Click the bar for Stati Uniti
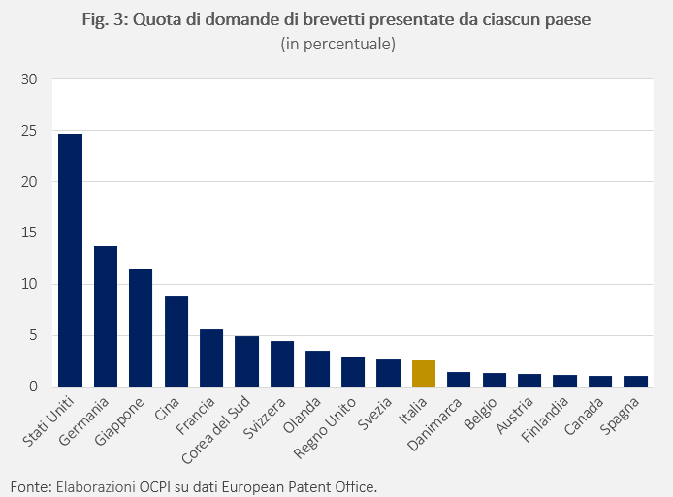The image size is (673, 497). tap(70, 260)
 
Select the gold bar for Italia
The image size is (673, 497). tap(424, 374)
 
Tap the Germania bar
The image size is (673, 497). tap(106, 317)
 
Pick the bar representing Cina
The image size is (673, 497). tap(176, 341)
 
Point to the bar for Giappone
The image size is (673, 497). tap(141, 328)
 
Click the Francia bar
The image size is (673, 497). tap(211, 358)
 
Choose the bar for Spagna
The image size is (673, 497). tap(635, 381)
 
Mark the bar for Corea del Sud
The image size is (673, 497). tap(246, 361)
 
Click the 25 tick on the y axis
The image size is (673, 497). tap(29, 131)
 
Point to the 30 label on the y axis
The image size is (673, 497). tap(29, 79)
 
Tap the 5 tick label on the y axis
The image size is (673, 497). tap(34, 335)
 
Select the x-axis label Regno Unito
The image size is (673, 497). tap(325, 428)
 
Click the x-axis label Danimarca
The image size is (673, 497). tap(434, 424)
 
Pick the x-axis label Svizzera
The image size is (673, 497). tap(264, 419)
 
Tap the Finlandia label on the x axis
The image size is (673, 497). tap(545, 419)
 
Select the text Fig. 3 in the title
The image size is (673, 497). tap(106, 20)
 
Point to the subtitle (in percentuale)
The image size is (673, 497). tap(337, 44)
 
